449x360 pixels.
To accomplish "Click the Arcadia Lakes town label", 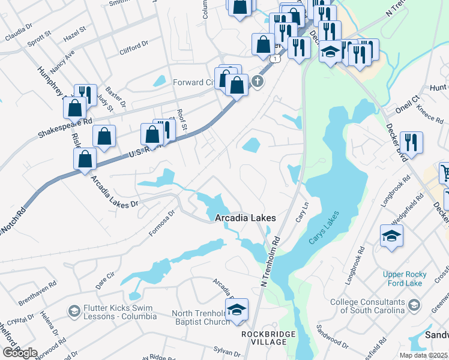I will [x=246, y=218].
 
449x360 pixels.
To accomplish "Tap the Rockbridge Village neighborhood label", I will [x=264, y=337].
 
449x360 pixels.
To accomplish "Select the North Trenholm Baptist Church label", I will [x=200, y=317].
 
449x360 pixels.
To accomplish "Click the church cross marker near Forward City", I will [x=258, y=82].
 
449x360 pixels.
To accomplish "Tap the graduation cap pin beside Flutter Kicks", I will [x=74, y=311].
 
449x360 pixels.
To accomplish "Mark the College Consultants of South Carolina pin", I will [x=414, y=306].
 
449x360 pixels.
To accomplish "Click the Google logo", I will [x=20, y=353].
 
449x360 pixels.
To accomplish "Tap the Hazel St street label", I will [x=75, y=32].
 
